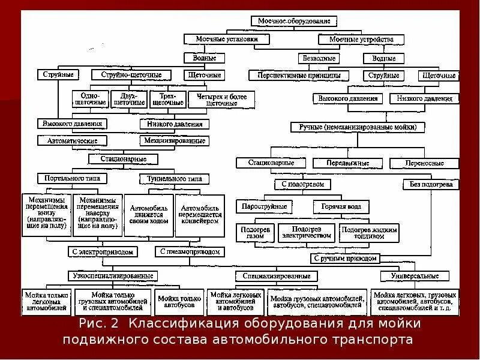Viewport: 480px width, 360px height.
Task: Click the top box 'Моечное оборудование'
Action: click(293, 20)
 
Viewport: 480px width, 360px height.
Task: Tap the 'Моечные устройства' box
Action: click(361, 39)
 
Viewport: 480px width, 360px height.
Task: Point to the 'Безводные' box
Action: click(319, 58)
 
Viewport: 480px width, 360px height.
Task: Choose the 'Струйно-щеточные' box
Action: click(135, 76)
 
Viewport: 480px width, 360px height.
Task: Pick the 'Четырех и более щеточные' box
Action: click(214, 99)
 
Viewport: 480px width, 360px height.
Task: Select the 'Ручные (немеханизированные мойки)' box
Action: click(357, 127)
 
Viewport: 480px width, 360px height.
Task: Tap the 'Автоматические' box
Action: click(72, 140)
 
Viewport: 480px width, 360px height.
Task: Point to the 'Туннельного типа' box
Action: click(175, 179)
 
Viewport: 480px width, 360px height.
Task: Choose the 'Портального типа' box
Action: click(72, 179)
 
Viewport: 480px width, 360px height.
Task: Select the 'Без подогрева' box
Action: click(431, 184)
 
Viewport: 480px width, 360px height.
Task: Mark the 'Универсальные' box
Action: click(414, 276)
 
